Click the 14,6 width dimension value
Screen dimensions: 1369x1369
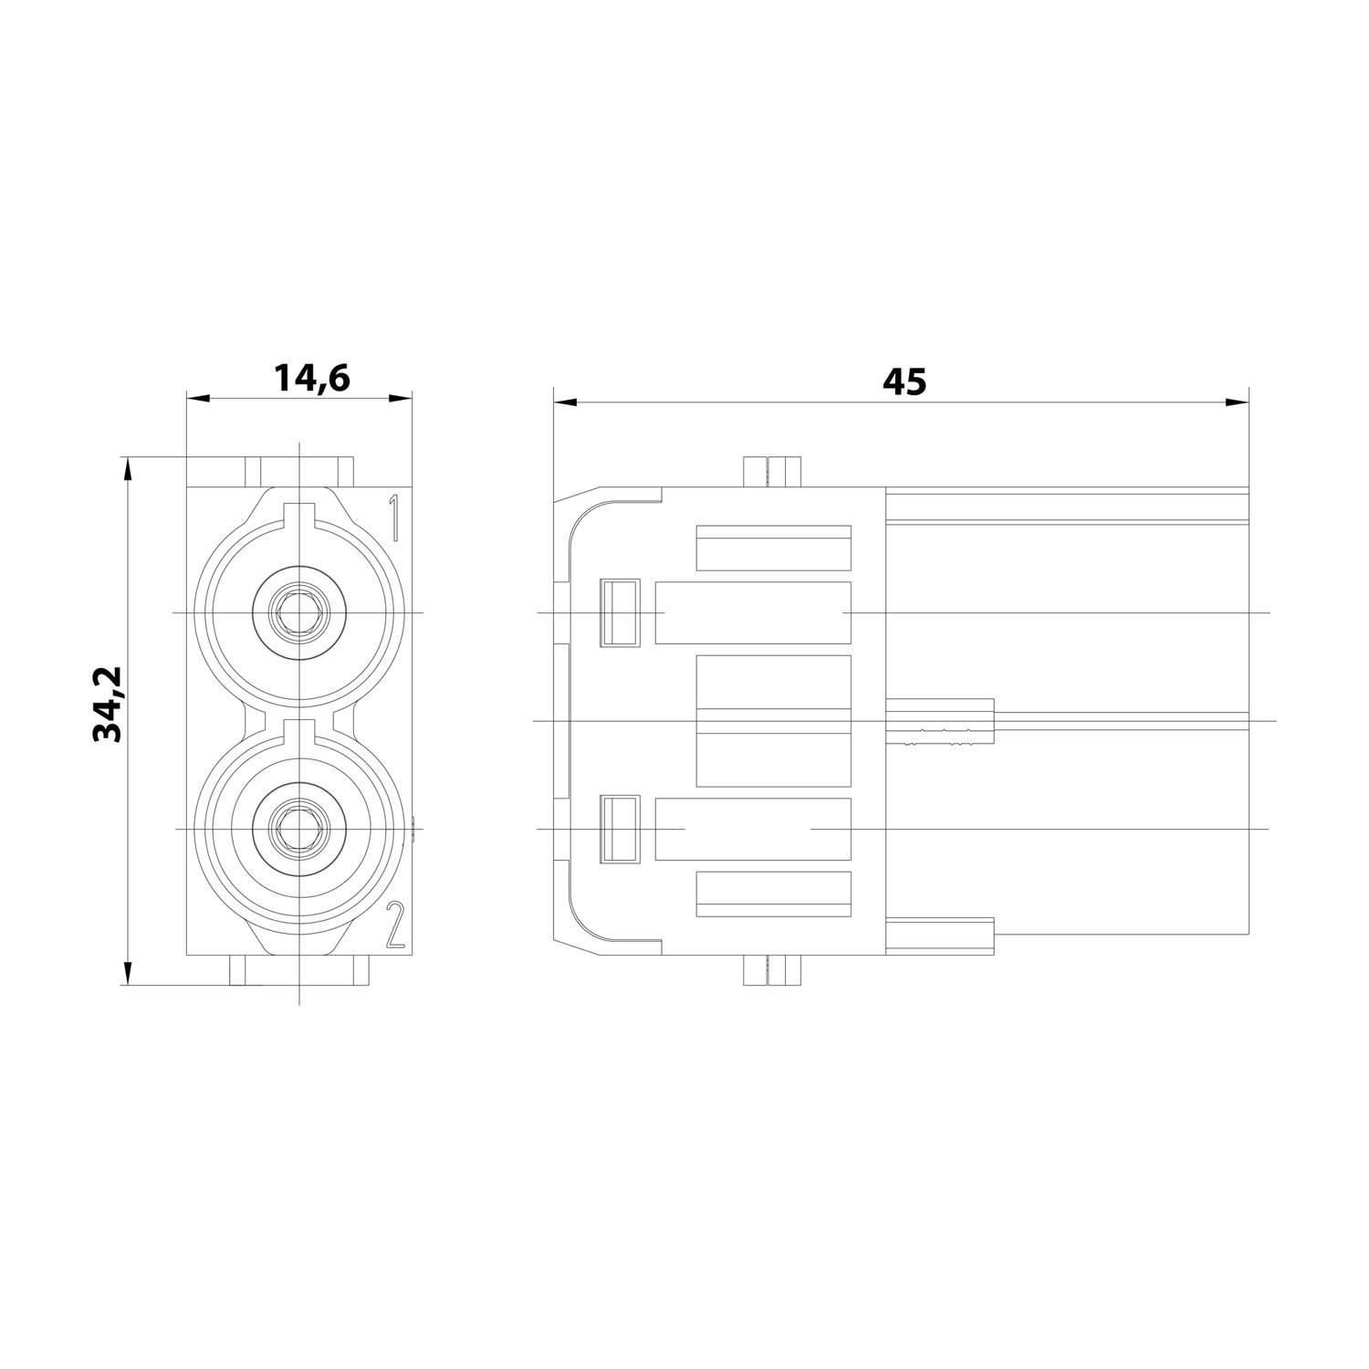pyautogui.click(x=312, y=378)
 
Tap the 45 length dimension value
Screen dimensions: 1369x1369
pyautogui.click(x=904, y=381)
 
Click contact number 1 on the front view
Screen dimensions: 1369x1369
pyautogui.click(x=393, y=518)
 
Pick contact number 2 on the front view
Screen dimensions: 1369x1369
pyautogui.click(x=394, y=925)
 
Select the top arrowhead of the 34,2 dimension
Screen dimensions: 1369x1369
pyautogui.click(x=128, y=468)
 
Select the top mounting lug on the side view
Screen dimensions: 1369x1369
pyautogui.click(x=771, y=471)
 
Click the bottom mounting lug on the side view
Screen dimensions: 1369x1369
pyautogui.click(x=771, y=969)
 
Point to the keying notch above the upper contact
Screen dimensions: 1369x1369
pyautogui.click(x=298, y=515)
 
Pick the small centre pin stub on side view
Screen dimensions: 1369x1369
pyautogui.click(x=939, y=722)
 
